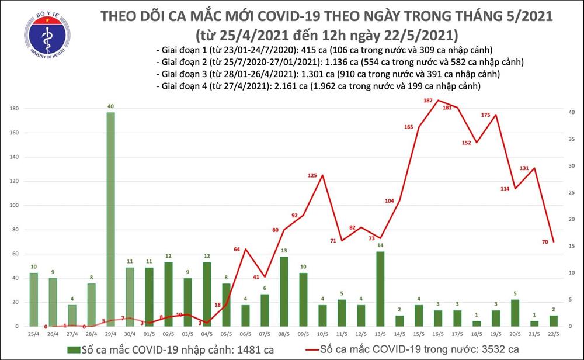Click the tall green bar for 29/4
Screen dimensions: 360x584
(x=110, y=219)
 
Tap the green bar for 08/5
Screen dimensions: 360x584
(x=284, y=291)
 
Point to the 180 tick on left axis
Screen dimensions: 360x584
(x=13, y=109)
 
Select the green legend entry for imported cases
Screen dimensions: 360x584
(x=154, y=349)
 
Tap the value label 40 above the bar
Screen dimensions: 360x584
(x=110, y=106)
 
